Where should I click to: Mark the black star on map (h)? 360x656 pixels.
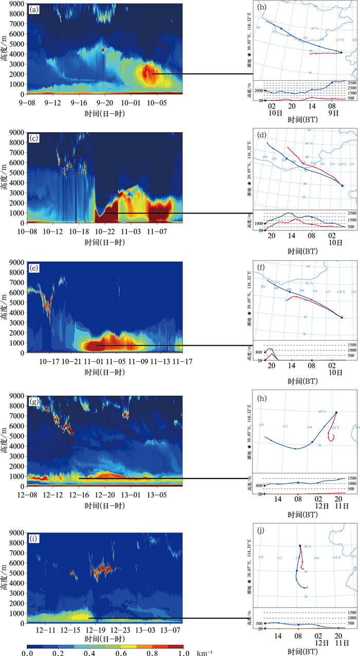(x=336, y=412)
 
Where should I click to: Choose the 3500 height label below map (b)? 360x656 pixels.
(x=352, y=82)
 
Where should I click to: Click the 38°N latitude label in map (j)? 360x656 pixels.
(x=308, y=546)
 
